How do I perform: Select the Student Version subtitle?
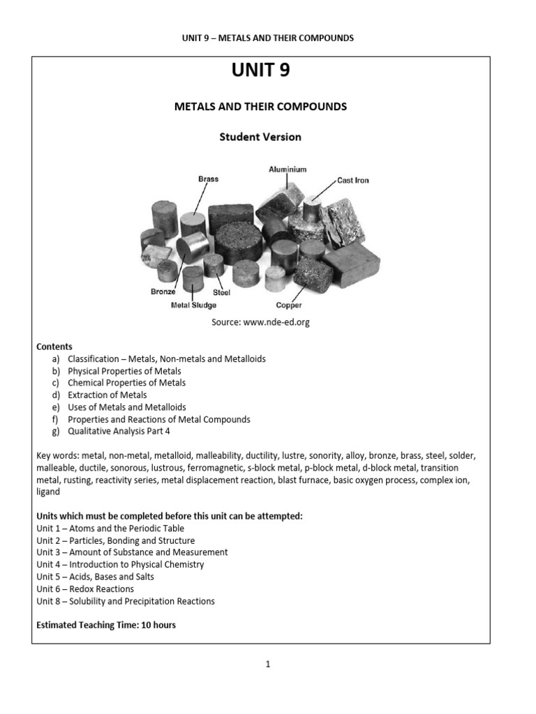(x=260, y=137)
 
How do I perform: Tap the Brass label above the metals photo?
(x=208, y=179)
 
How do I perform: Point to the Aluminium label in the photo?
(x=288, y=169)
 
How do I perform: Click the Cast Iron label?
(x=352, y=180)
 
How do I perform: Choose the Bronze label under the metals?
(x=163, y=292)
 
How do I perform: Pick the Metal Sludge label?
(x=193, y=305)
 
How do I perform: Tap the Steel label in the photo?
(x=221, y=293)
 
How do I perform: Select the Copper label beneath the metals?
(x=288, y=305)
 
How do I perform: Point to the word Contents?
(x=54, y=347)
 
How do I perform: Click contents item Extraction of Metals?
(x=107, y=395)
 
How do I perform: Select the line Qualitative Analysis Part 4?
(x=119, y=431)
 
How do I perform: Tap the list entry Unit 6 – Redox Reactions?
(x=85, y=588)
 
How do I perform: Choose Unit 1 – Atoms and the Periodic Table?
(x=110, y=529)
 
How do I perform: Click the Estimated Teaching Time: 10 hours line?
(x=106, y=625)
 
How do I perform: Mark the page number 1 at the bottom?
(x=267, y=664)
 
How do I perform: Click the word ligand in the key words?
(x=48, y=492)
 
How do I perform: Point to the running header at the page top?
(x=267, y=38)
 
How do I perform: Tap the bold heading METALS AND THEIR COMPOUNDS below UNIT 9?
(x=260, y=107)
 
